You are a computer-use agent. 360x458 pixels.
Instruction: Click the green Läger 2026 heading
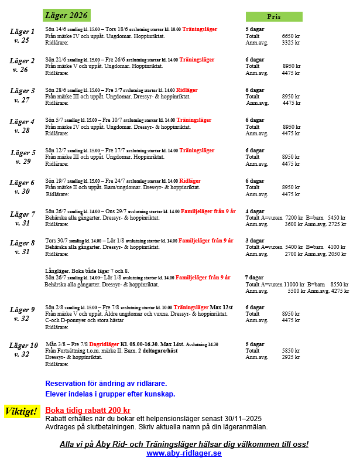click(66, 15)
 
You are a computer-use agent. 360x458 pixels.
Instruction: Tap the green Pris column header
click(273, 16)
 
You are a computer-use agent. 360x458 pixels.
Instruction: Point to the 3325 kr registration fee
click(290, 42)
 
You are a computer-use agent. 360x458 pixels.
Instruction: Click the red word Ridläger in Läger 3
click(187, 90)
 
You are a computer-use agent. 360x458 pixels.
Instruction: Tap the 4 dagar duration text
click(255, 211)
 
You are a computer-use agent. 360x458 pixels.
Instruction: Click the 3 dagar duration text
click(255, 240)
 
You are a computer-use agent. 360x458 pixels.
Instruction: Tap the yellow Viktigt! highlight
click(23, 411)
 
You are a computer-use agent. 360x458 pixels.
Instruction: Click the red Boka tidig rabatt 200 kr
click(88, 410)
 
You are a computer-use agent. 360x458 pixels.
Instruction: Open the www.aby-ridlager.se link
click(184, 453)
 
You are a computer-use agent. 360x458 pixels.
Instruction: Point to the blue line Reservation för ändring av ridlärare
click(111, 383)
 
